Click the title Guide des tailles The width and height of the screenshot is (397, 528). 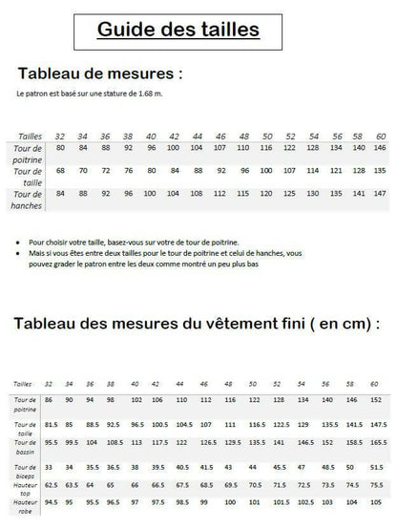(x=178, y=30)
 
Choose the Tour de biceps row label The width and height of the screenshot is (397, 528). (x=26, y=468)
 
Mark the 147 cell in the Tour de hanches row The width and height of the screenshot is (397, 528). (x=380, y=194)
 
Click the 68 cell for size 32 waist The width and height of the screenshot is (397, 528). (x=61, y=171)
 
